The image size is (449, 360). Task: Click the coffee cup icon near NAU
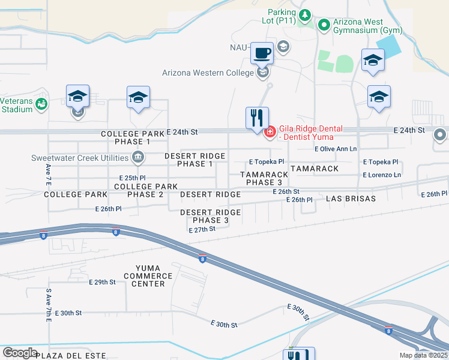tap(262, 53)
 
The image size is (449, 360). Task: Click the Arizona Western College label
tap(208, 73)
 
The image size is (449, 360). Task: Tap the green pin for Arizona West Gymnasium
tap(324, 25)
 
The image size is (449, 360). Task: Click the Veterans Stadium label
tap(16, 105)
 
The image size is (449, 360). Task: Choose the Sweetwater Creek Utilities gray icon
tap(137, 158)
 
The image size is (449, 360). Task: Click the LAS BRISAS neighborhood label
tap(351, 198)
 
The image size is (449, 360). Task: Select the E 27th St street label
tap(202, 229)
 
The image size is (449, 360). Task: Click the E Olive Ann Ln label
tap(336, 149)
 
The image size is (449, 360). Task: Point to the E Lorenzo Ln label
tap(382, 175)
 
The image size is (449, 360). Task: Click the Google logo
tap(20, 352)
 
